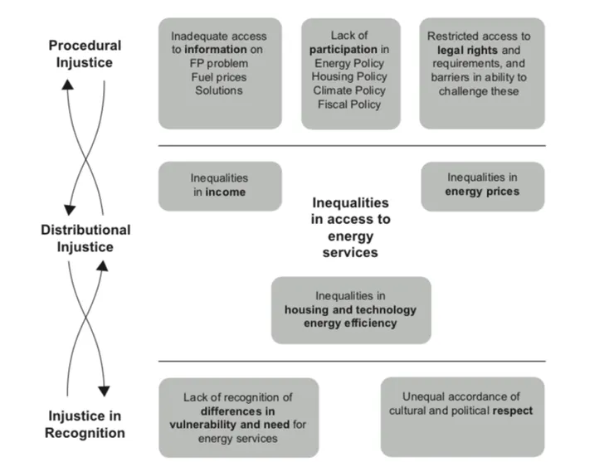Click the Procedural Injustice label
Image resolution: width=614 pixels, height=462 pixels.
click(x=85, y=53)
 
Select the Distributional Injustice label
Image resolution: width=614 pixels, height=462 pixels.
click(x=85, y=238)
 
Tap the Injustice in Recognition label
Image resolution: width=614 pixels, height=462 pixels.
click(x=85, y=424)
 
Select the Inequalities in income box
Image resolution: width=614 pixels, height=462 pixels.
click(x=219, y=185)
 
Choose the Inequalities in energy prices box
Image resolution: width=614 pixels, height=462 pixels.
click(x=482, y=185)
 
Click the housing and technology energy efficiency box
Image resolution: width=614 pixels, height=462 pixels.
click(x=350, y=309)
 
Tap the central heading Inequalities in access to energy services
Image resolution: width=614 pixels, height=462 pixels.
click(x=350, y=227)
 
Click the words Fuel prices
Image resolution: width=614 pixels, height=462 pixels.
click(x=219, y=77)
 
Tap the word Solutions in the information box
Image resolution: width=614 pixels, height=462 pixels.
click(x=219, y=90)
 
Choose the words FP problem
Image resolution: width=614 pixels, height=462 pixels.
click(x=219, y=63)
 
